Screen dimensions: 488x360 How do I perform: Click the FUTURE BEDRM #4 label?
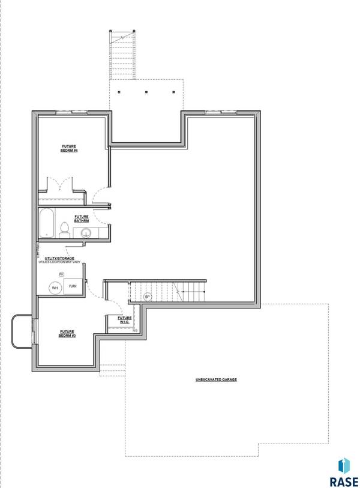pyautogui.click(x=70, y=148)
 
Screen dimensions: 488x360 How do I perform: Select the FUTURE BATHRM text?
pyautogui.click(x=82, y=218)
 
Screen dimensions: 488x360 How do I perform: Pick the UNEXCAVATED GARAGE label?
pyautogui.click(x=216, y=380)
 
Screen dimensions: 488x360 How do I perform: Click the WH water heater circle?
pyautogui.click(x=55, y=288)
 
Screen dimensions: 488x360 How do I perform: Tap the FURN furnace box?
pyautogui.click(x=73, y=287)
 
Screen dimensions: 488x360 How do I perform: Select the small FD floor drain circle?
pyautogui.click(x=61, y=274)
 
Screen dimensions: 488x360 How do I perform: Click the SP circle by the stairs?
pyautogui.click(x=147, y=297)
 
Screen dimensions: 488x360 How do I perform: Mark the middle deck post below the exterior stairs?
pyautogui.click(x=146, y=92)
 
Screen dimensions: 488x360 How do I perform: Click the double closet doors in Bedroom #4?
pyautogui.click(x=60, y=184)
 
